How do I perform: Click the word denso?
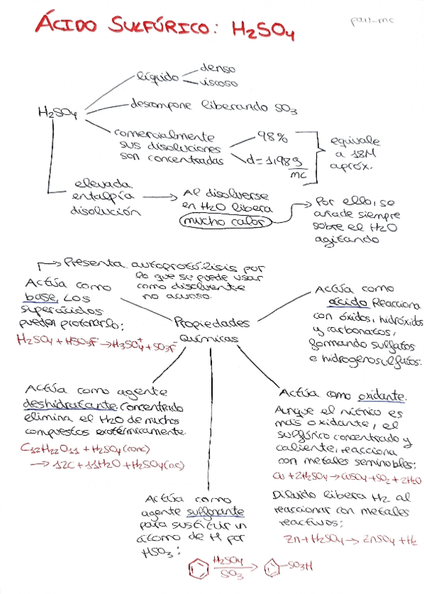coord(218,69)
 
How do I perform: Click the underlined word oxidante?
coord(383,395)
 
